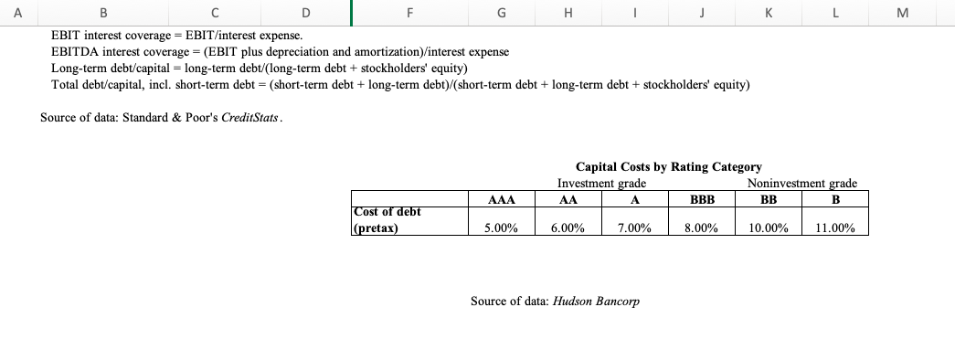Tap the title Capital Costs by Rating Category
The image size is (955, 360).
point(668,167)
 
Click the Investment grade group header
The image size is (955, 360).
point(595,183)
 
